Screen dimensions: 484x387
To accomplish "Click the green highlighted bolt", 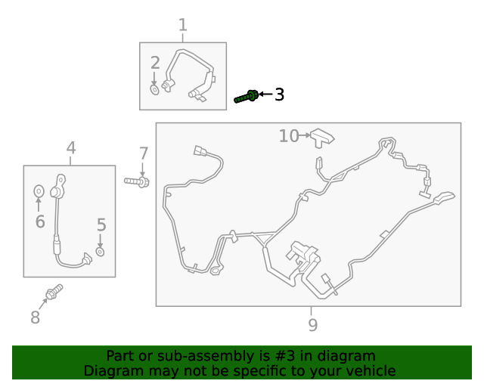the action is pyautogui.click(x=247, y=97).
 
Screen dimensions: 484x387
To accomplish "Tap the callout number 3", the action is pyautogui.click(x=279, y=94).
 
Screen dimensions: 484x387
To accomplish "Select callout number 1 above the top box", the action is pyautogui.click(x=183, y=25).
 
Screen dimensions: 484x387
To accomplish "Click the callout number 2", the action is pyautogui.click(x=155, y=63).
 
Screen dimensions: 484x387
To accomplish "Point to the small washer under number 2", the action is pyautogui.click(x=154, y=90).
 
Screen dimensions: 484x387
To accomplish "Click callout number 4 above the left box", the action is pyautogui.click(x=71, y=147).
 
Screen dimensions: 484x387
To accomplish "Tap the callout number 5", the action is pyautogui.click(x=101, y=224).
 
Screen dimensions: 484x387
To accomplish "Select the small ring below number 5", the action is pyautogui.click(x=100, y=252).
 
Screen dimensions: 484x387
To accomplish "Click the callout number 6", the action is pyautogui.click(x=40, y=221).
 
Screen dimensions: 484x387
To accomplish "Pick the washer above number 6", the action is pyautogui.click(x=39, y=191).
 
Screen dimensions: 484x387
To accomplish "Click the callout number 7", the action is pyautogui.click(x=144, y=153).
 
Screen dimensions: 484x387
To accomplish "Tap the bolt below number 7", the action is pyautogui.click(x=137, y=181).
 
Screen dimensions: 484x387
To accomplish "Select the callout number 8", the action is pyautogui.click(x=36, y=317).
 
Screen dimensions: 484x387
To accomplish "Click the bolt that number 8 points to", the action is pyautogui.click(x=54, y=292).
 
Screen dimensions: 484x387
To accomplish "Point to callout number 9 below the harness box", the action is pyautogui.click(x=312, y=325).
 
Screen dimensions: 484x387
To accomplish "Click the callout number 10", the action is pyautogui.click(x=289, y=136).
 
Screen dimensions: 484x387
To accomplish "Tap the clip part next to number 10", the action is pyautogui.click(x=322, y=138).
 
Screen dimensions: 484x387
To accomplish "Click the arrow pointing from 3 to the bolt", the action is pyautogui.click(x=265, y=94).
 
